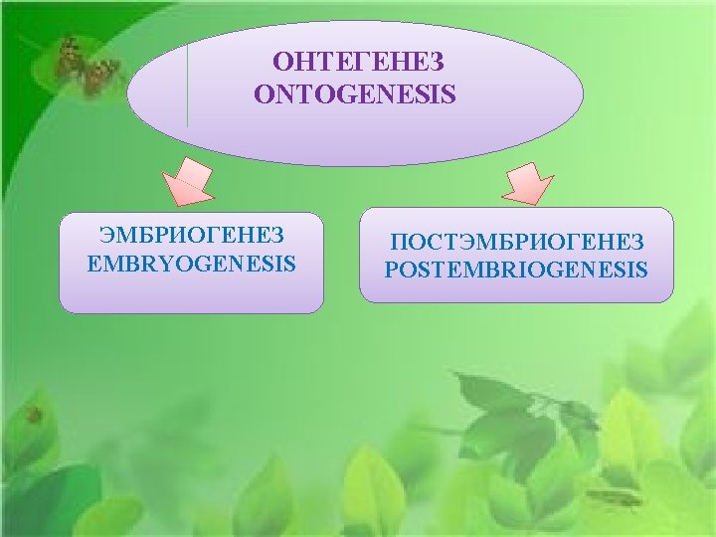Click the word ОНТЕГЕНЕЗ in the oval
[x=359, y=63]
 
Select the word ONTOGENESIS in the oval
[x=355, y=94]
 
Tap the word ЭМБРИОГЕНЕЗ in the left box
[x=192, y=236]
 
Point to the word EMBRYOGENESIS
[x=192, y=265]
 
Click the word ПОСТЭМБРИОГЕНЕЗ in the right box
[x=517, y=242]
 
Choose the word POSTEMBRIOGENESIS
[x=516, y=269]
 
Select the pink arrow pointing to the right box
[x=527, y=181]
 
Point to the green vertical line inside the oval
[x=187, y=85]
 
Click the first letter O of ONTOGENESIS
[x=263, y=95]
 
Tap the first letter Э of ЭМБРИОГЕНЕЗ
[x=104, y=236]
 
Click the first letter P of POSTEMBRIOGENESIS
[x=391, y=269]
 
